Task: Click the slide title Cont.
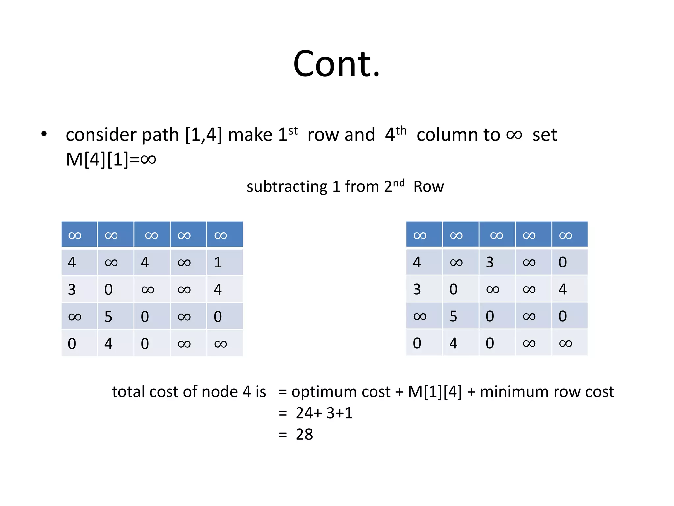pos(336,64)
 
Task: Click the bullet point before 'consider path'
pos(44,134)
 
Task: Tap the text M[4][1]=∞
pos(111,159)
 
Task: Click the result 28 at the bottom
pos(304,435)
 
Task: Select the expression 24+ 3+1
pos(324,413)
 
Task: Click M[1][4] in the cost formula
pos(435,392)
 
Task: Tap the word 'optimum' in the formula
pos(341,392)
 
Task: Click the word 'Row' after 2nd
pos(428,187)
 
